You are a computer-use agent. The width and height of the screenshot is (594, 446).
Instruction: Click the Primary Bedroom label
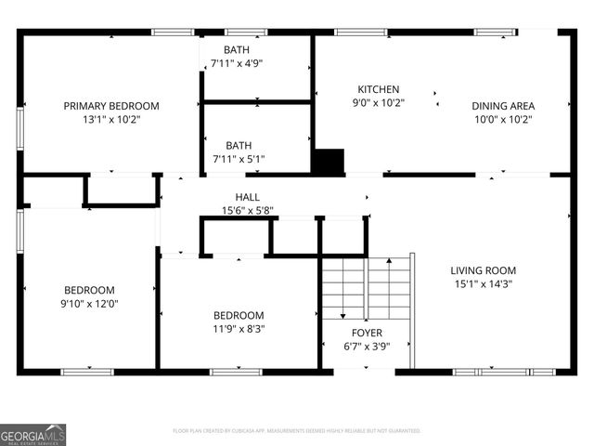(x=111, y=106)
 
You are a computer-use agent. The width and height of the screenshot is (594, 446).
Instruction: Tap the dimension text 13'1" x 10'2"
(x=111, y=119)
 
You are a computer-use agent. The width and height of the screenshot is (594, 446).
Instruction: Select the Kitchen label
(x=378, y=89)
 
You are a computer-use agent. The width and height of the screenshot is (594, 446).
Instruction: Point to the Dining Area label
(x=503, y=106)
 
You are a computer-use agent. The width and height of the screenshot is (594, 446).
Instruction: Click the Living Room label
(x=483, y=270)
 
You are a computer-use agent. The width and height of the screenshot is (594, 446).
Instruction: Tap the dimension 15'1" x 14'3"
(x=483, y=283)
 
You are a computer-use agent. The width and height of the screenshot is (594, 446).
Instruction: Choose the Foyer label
(x=366, y=333)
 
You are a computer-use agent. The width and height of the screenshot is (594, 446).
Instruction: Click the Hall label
(x=247, y=197)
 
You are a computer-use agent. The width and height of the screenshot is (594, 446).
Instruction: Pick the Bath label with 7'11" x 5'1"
(x=239, y=146)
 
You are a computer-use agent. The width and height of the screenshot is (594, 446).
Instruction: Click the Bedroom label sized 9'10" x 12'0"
(x=89, y=290)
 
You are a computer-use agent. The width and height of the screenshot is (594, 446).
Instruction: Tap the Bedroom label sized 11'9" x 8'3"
(x=239, y=316)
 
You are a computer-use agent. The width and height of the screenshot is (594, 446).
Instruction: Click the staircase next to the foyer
(x=366, y=288)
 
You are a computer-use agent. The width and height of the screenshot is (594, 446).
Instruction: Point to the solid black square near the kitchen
(x=328, y=161)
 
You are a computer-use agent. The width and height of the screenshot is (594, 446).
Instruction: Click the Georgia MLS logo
(x=33, y=434)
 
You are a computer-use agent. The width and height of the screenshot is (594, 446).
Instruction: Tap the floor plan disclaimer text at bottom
(x=297, y=431)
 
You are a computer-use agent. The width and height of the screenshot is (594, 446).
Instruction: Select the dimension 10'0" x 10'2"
(x=503, y=119)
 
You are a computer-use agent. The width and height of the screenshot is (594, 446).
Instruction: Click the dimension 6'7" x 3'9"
(x=366, y=347)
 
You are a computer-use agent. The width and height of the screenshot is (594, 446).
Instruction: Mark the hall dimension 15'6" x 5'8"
(x=247, y=210)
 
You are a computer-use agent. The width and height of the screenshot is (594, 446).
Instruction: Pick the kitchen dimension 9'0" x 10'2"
(x=378, y=103)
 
